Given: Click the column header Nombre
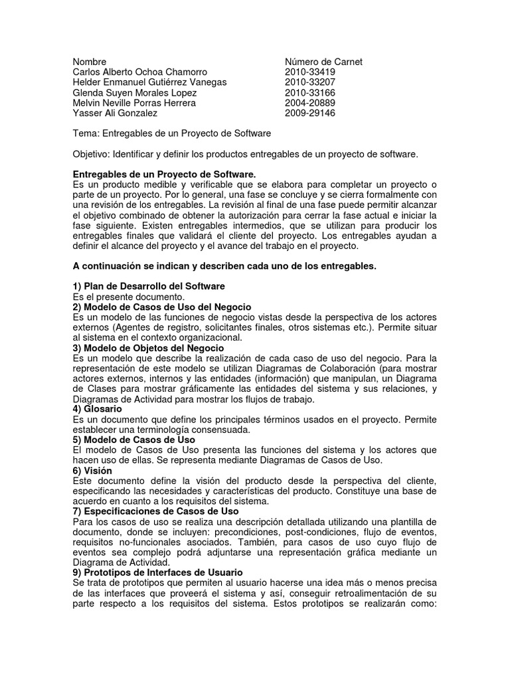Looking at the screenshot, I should coord(90,62).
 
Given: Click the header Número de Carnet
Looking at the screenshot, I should coord(323,62).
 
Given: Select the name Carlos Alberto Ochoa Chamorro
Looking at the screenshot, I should coord(140,72).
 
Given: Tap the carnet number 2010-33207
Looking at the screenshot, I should coord(309,82).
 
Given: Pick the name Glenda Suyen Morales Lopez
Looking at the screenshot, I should coord(139,93).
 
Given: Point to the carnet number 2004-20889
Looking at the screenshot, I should coord(309,103).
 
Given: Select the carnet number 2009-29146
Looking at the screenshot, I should coord(309,114).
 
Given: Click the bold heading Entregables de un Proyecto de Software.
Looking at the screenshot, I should coord(164,174).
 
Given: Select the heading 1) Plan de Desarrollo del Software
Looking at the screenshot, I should coord(149,286).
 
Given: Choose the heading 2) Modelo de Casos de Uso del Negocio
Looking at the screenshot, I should coord(162,307).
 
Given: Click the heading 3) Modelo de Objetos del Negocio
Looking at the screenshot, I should coord(148,348).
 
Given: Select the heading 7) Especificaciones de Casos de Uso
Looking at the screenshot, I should coord(155,512).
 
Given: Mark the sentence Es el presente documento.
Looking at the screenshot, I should coord(128,296).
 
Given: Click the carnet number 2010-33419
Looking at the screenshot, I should coord(309,72).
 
